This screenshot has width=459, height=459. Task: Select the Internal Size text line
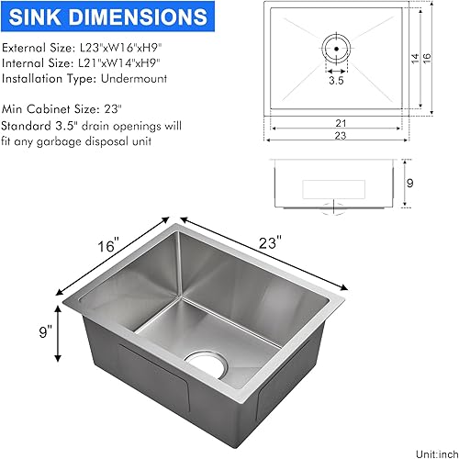click(x=83, y=63)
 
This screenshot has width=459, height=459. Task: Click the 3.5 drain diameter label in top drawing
click(x=337, y=81)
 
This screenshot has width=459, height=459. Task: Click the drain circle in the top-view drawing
click(x=337, y=45)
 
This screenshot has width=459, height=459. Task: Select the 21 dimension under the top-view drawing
click(x=339, y=122)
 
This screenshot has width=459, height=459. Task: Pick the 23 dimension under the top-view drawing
click(x=339, y=136)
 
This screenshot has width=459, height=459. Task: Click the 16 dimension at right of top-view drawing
click(x=427, y=57)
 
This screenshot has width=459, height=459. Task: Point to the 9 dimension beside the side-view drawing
click(x=410, y=184)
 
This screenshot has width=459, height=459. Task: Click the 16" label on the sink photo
click(x=109, y=246)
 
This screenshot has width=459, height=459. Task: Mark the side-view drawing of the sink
click(x=336, y=185)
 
